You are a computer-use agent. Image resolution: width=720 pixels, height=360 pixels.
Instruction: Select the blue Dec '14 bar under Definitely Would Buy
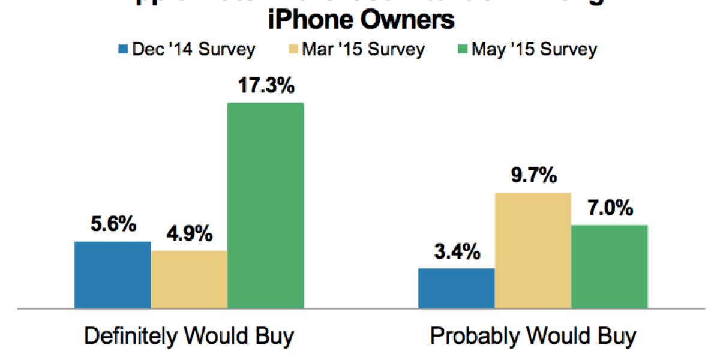click(x=112, y=275)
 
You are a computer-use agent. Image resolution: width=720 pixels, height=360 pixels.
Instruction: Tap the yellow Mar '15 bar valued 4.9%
click(x=189, y=280)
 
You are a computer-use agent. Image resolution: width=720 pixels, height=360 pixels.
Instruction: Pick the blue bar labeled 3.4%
click(x=456, y=288)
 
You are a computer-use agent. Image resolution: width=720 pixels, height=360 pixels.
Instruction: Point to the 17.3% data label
click(x=265, y=86)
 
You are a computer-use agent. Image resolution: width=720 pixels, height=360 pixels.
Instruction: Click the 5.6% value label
click(x=112, y=225)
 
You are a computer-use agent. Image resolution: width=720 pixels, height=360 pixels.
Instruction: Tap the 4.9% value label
click(x=189, y=234)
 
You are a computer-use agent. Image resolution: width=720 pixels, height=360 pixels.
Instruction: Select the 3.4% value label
click(x=456, y=251)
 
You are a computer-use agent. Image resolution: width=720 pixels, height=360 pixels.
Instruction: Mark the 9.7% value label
click(x=533, y=176)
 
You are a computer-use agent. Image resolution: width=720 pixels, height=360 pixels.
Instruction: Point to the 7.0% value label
click(x=610, y=209)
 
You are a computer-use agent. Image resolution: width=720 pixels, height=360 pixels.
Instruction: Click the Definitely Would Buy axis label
click(x=189, y=337)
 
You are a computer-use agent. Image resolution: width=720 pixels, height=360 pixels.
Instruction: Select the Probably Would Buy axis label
click(x=533, y=337)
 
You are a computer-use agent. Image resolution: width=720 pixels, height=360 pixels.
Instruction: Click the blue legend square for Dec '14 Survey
click(x=124, y=49)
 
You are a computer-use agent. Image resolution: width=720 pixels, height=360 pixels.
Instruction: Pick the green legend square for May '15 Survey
click(x=462, y=49)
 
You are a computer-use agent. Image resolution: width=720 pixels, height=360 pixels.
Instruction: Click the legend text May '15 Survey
click(x=534, y=49)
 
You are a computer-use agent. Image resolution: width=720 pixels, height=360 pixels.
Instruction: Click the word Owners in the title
click(x=412, y=20)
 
